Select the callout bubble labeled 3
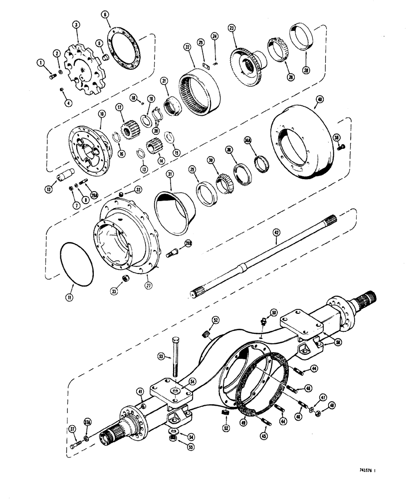click(76, 24)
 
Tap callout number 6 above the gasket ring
click(106, 15)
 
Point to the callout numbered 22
click(187, 46)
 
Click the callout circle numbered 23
click(231, 28)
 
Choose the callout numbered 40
click(319, 99)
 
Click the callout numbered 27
click(148, 286)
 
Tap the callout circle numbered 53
click(161, 356)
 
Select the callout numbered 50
click(273, 312)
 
